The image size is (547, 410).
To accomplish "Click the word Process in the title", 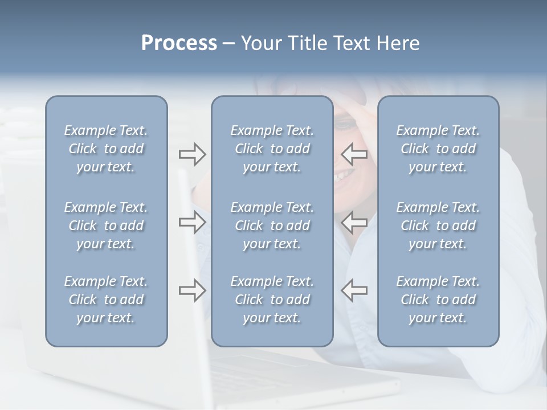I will coord(179,43).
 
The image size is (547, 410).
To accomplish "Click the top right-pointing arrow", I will coord(192,154).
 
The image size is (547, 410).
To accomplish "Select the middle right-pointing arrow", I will coord(192,222).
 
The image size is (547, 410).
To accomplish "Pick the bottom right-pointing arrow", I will coord(192,290).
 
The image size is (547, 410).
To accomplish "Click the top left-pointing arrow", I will coord(354,154).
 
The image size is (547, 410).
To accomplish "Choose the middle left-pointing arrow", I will coord(354,222).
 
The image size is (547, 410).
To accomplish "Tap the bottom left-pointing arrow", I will coord(354,290).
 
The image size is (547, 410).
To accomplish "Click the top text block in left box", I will coord(106,149).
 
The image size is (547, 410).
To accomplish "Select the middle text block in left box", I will coord(106,225).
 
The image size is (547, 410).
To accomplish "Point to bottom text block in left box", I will coord(106,300).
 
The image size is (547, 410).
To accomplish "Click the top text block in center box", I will coord(272,149).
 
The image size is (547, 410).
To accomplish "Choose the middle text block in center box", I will coord(272,225).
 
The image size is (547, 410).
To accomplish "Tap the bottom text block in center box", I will coord(272,300).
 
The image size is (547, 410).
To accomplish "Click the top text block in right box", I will coord(438,149).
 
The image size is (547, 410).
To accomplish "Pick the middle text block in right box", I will coord(438,225).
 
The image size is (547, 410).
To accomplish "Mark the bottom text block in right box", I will coord(438,300).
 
